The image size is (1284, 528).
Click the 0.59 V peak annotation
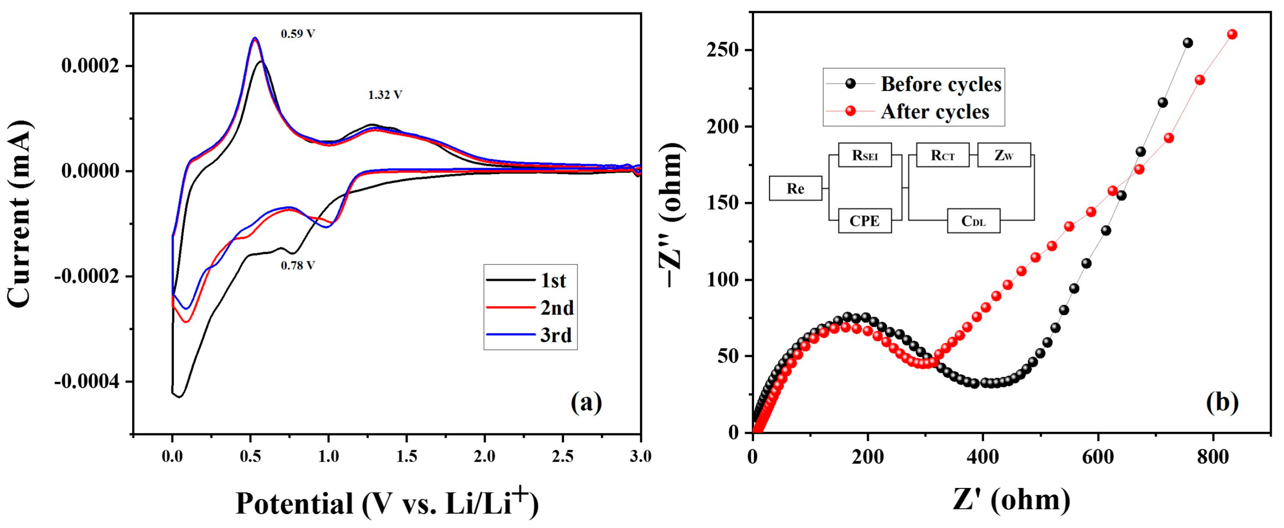coord(298,34)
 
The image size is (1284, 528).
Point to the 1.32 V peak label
coord(385,95)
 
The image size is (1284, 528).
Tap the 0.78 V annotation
coord(298,266)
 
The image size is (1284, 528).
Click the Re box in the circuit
coord(795,189)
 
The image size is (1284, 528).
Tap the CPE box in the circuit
coord(864,221)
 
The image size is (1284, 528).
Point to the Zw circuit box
coord(1003,155)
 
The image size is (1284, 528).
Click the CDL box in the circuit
coord(973,221)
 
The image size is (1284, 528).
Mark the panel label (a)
coord(586,402)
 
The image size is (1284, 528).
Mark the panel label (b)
coord(1222,402)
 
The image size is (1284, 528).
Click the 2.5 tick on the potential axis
coord(563,457)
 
